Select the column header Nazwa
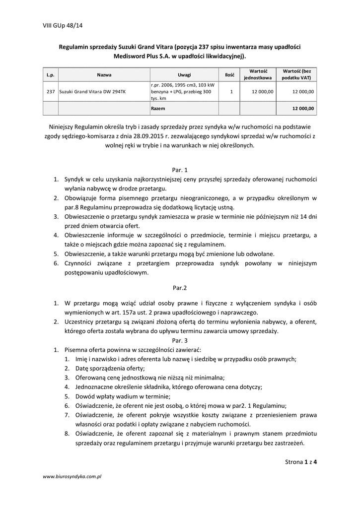[x=104, y=74]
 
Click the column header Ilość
[x=229, y=74]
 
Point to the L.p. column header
[x=50, y=74]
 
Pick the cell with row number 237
[x=50, y=92]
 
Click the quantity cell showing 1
[x=231, y=92]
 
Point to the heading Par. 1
[x=179, y=169]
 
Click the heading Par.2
[x=179, y=287]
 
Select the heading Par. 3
[x=179, y=340]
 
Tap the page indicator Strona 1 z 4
[x=301, y=462]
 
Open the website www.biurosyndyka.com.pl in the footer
[x=72, y=476]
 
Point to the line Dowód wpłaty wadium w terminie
[x=123, y=396]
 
